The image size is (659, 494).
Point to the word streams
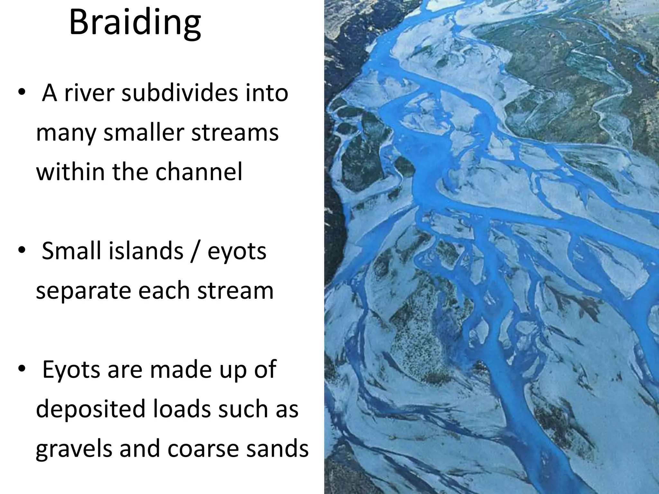pos(235,133)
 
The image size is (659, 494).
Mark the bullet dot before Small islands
pos(21,251)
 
